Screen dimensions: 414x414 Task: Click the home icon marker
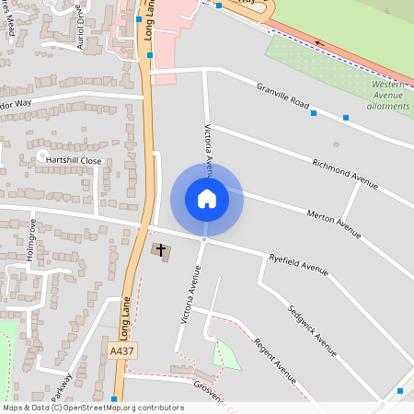206,199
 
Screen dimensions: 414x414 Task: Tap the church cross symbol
161,250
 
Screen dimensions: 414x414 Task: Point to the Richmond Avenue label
344,174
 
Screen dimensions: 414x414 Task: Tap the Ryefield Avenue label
298,265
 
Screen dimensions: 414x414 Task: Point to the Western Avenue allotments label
390,95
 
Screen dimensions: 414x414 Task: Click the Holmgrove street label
31,241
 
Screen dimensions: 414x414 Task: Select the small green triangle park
225,355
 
